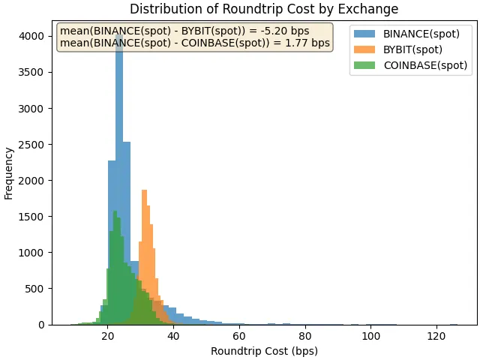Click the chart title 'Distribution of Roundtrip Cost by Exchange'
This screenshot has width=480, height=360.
(264, 9)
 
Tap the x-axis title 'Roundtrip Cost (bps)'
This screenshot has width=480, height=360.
(264, 351)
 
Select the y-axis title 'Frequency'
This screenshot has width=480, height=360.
(9, 172)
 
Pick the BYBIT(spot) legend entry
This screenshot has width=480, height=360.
(412, 49)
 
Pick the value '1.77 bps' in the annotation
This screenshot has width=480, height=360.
(309, 43)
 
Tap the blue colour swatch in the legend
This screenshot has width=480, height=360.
(364, 34)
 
